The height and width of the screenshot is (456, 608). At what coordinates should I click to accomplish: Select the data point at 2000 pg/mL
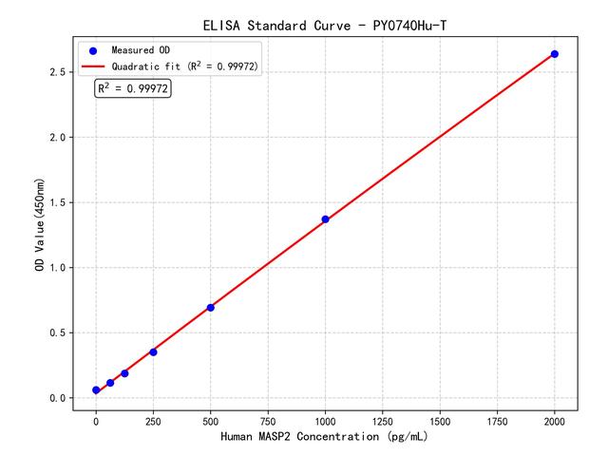(555, 54)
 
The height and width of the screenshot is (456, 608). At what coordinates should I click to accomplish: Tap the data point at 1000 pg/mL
(325, 219)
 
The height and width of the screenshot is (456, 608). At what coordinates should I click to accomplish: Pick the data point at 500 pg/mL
(210, 308)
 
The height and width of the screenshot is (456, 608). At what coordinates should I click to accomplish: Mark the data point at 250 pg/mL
(153, 352)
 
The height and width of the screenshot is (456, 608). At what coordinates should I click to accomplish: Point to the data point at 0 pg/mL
(96, 390)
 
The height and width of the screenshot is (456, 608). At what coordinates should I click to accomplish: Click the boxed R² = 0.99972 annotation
(133, 88)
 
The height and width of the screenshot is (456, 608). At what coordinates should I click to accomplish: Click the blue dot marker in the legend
(93, 49)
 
